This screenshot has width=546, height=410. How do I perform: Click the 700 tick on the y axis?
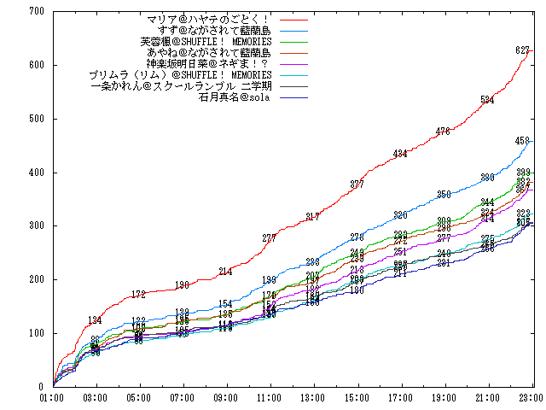tap(36, 11)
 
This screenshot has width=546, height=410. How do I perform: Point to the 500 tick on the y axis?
tap(36, 119)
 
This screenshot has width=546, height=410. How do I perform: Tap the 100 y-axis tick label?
tap(36, 333)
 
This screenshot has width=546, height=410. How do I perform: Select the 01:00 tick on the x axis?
tap(53, 397)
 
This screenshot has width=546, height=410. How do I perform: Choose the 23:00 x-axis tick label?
tap(531, 397)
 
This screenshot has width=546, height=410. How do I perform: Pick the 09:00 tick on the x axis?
tap(226, 397)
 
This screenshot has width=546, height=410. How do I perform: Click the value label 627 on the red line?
tap(522, 50)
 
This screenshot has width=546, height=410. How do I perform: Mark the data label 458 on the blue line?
tap(522, 141)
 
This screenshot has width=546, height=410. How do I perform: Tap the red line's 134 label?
tap(96, 320)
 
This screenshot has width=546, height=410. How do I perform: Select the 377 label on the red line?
tap(357, 184)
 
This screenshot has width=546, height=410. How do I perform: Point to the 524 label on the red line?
tap(487, 101)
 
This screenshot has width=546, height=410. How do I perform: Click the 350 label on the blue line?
tap(444, 195)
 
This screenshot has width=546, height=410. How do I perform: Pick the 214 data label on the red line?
tap(225, 272)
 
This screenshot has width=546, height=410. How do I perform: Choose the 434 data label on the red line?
tap(400, 154)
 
